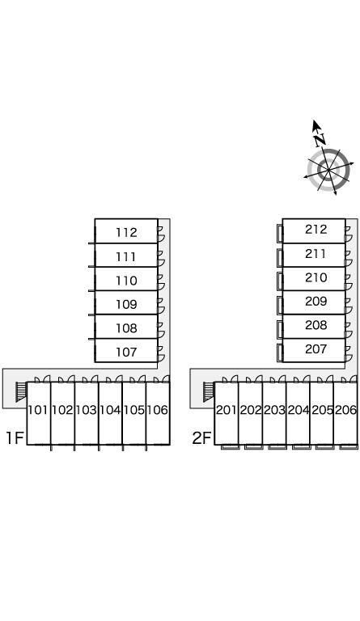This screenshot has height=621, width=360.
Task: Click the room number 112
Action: (126, 233)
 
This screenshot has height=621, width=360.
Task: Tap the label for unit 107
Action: (126, 352)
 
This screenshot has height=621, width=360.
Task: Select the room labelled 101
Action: (38, 410)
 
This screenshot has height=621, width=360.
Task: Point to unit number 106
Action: (158, 410)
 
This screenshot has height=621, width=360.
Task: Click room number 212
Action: (316, 230)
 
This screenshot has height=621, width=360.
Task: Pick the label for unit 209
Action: (316, 302)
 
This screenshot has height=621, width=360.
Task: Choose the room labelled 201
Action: (227, 410)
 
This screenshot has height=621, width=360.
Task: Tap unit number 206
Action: (345, 410)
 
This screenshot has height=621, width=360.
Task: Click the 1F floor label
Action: (15, 437)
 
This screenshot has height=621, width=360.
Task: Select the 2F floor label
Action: (202, 437)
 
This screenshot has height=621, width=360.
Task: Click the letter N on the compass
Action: (320, 139)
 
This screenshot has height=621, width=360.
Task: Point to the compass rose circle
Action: (328, 171)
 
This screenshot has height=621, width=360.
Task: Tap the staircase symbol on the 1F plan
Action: (20, 391)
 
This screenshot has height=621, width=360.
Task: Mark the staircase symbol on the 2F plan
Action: (209, 391)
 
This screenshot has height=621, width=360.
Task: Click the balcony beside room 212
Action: (280, 233)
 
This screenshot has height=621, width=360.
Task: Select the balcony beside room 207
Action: (280, 353)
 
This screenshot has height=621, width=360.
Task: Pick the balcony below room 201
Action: (231, 446)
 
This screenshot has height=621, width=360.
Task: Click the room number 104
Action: (110, 410)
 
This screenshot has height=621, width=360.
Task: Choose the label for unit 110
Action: (126, 281)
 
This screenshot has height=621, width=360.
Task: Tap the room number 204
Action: (299, 410)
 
